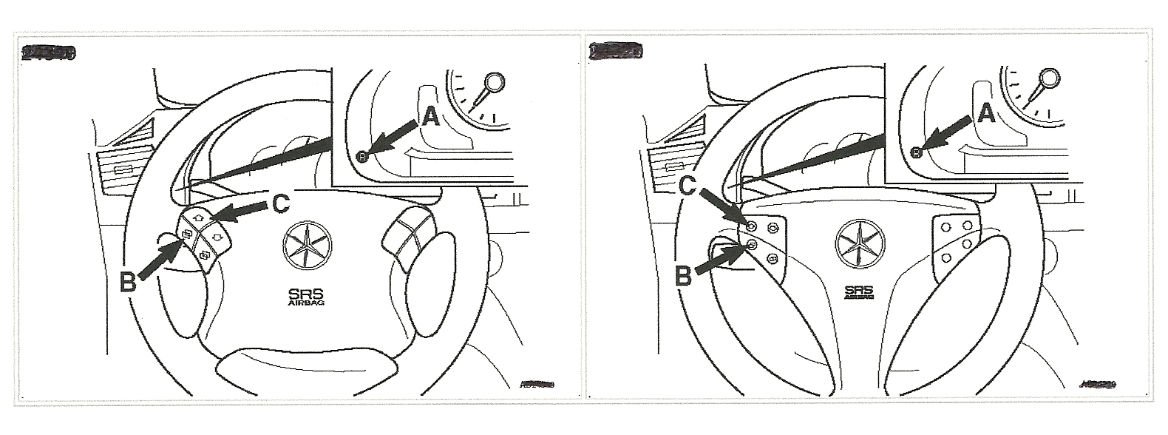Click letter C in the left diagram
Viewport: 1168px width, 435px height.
(x=282, y=203)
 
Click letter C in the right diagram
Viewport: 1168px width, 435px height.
(x=688, y=185)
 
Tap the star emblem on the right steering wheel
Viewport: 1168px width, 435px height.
(x=860, y=245)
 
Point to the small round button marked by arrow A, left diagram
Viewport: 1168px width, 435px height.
(x=361, y=155)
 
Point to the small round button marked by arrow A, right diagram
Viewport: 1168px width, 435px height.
(x=915, y=152)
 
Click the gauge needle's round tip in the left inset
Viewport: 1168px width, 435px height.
(x=494, y=81)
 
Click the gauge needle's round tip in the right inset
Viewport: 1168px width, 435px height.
(x=1049, y=77)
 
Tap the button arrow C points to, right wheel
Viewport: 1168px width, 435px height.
(x=751, y=226)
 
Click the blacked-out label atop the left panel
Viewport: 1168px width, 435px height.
(x=49, y=53)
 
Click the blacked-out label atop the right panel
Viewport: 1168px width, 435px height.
(x=616, y=51)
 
